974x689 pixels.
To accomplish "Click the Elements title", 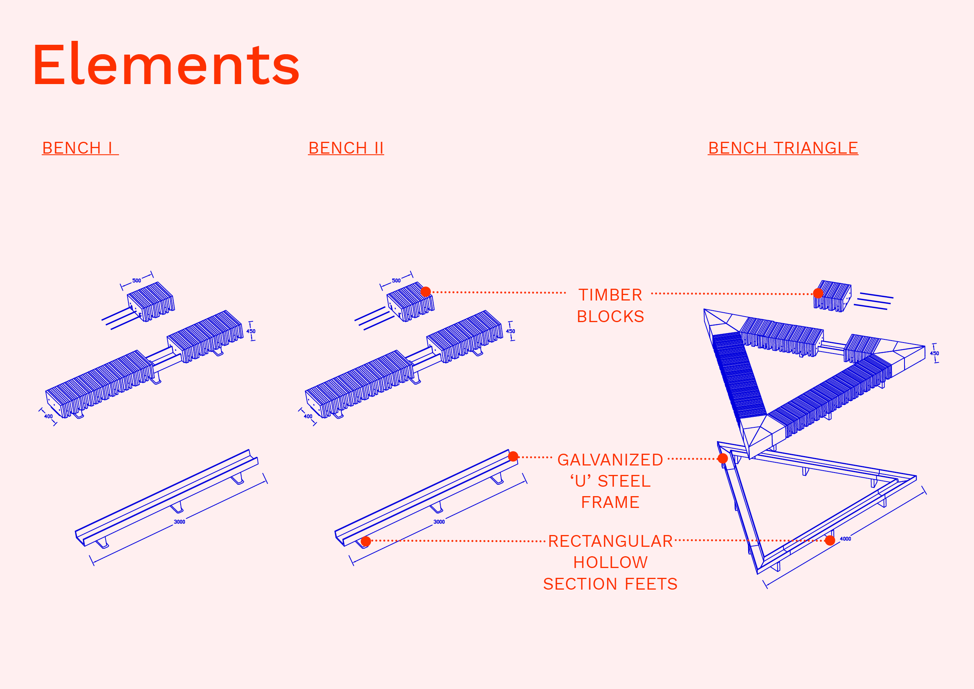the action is click(x=166, y=64).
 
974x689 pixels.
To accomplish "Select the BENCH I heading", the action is click(x=80, y=148).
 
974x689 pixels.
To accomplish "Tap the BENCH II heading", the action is click(x=346, y=148).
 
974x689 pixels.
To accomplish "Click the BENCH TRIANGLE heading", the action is click(x=783, y=148).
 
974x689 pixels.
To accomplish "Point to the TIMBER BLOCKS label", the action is click(x=610, y=306).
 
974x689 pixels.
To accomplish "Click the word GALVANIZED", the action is click(x=610, y=460).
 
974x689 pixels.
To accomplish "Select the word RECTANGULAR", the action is click(x=610, y=541).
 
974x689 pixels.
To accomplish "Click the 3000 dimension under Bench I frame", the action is click(x=179, y=522).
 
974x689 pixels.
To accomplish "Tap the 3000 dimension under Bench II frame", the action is click(x=439, y=522).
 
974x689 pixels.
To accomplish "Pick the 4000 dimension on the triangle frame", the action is click(x=846, y=539).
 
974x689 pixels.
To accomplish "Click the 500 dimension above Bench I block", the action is click(x=137, y=280).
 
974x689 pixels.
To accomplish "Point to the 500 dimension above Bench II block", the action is click(x=396, y=280).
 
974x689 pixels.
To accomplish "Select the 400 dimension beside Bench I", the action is click(x=49, y=416).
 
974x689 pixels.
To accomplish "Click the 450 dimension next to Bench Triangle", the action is click(x=935, y=353).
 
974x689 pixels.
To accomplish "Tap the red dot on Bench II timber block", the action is click(x=426, y=291).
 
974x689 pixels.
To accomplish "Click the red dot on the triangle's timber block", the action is click(x=818, y=293).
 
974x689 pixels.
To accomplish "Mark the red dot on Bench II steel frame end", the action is click(x=513, y=456).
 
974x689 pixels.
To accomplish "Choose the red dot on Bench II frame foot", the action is click(x=366, y=541).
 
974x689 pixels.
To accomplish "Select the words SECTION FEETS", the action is click(x=610, y=584).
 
